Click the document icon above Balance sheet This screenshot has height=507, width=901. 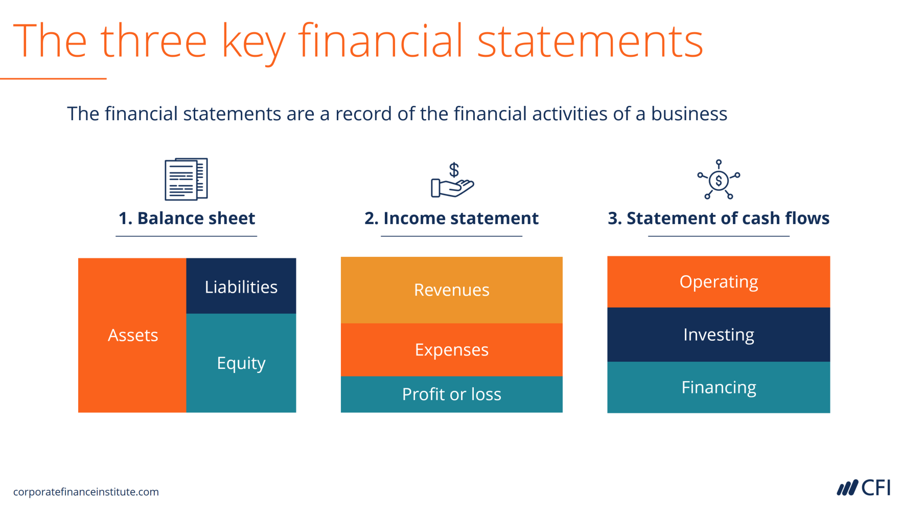[186, 179]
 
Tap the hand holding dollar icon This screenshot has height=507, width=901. [452, 181]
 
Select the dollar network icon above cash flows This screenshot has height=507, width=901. [719, 180]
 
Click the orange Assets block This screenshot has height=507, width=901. [132, 335]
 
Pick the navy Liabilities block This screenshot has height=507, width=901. [241, 286]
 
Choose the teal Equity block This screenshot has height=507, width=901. [241, 363]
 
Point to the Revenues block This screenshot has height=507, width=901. [451, 290]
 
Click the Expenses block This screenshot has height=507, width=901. [451, 349]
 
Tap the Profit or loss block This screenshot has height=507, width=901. [451, 394]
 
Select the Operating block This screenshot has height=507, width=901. [718, 281]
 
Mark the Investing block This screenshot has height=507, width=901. [718, 335]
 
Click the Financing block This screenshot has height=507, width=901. [718, 387]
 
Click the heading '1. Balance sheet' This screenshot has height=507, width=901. [187, 218]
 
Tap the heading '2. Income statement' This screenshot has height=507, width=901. [451, 218]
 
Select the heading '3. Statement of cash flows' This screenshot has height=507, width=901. [718, 218]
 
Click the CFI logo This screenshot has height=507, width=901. [863, 488]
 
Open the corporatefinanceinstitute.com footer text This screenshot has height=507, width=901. [86, 492]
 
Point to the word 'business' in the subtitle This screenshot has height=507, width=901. [688, 114]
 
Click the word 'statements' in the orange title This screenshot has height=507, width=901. [590, 41]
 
